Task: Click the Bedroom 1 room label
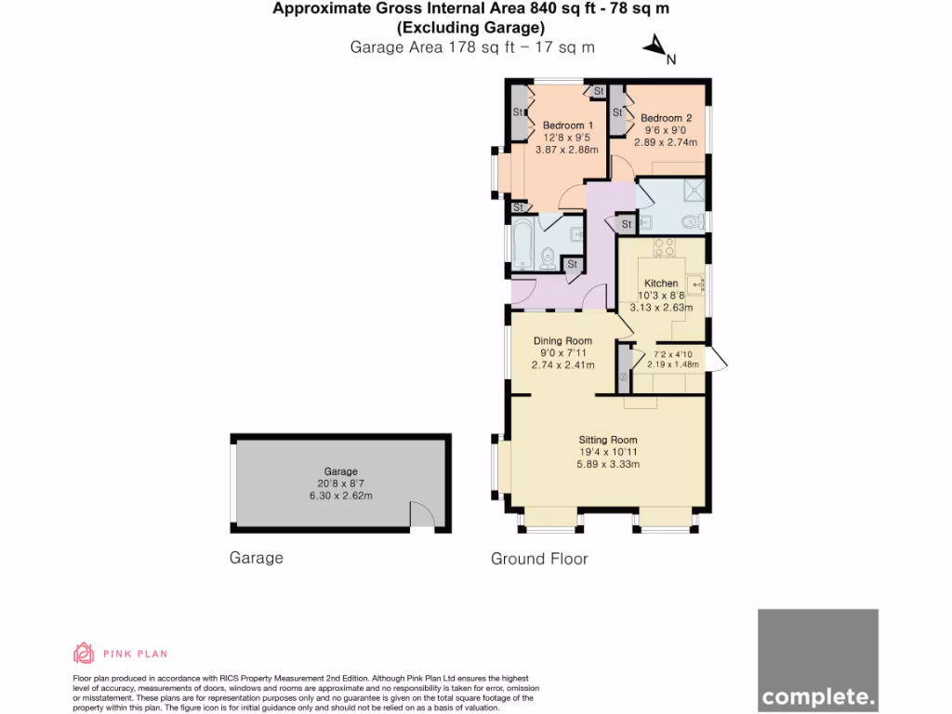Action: (x=567, y=126)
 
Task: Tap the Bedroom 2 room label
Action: (x=666, y=118)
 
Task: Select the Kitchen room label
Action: (x=662, y=284)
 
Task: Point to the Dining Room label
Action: (x=562, y=341)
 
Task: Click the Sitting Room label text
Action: (x=608, y=440)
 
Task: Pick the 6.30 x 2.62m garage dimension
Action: (x=340, y=496)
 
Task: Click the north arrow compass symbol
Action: (x=656, y=46)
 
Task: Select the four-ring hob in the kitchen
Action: (x=665, y=247)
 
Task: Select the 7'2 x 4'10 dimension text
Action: (x=674, y=354)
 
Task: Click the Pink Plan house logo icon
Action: (x=84, y=654)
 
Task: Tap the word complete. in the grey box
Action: (x=818, y=695)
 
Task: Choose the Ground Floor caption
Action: (x=539, y=559)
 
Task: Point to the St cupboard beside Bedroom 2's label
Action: (x=617, y=112)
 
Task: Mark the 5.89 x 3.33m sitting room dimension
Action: (x=608, y=464)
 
